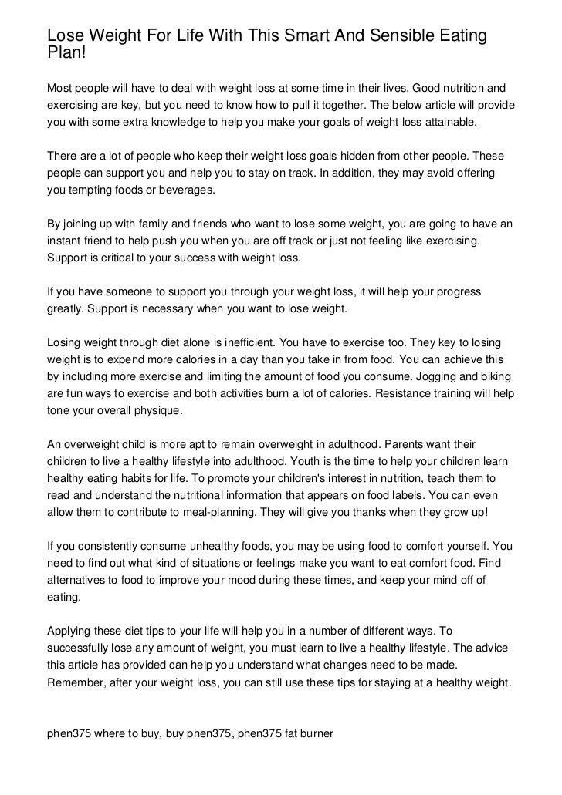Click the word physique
pyautogui.click(x=157, y=410)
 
